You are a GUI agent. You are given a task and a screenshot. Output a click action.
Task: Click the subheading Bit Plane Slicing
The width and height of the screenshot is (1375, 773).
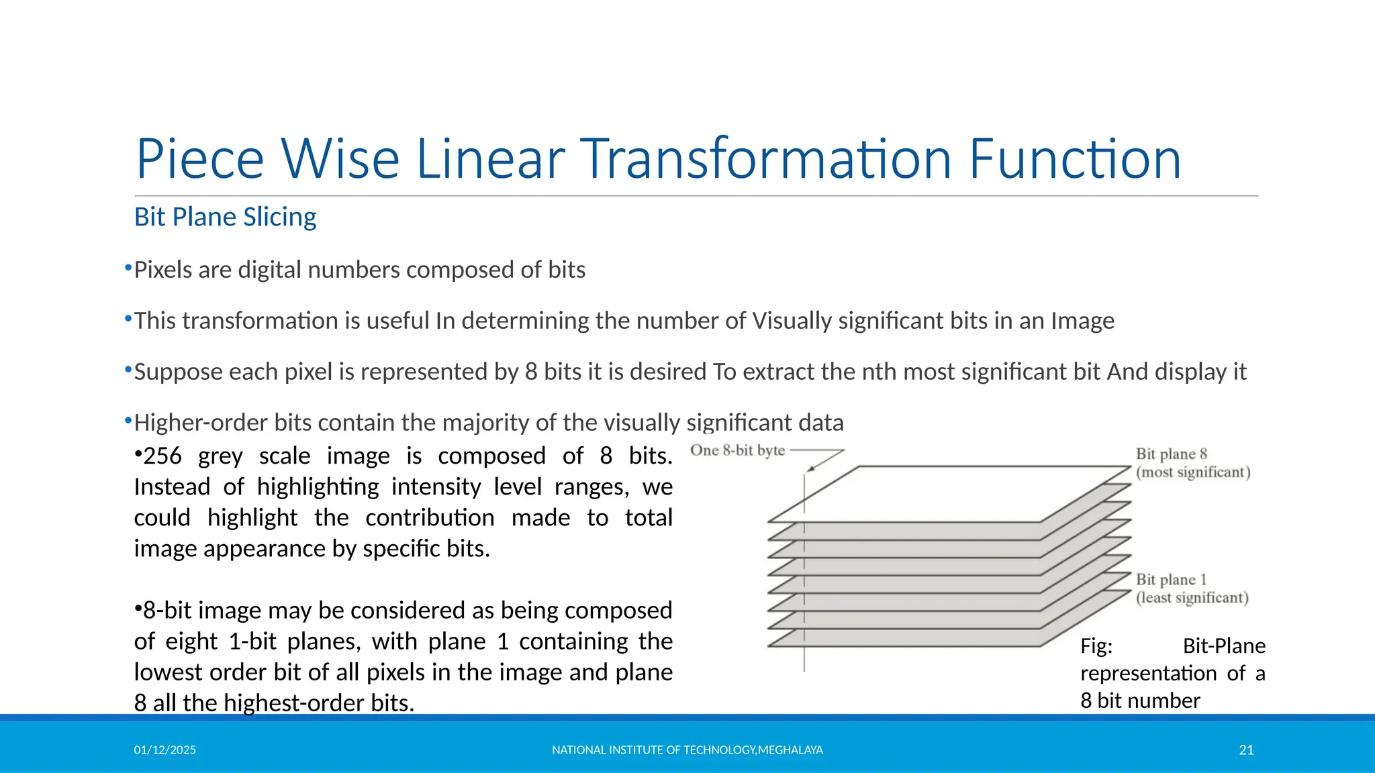(x=225, y=217)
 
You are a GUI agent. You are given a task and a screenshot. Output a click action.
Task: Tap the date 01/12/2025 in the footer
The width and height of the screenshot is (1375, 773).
(x=164, y=750)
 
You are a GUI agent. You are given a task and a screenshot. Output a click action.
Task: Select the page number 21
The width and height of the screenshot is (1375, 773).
(x=1246, y=750)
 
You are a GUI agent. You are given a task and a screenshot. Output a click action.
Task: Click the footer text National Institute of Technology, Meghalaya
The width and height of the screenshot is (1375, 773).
(x=687, y=750)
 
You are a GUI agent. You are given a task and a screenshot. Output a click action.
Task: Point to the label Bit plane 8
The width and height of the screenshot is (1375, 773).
(x=1171, y=454)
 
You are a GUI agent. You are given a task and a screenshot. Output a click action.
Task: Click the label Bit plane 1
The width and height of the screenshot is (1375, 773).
(x=1171, y=580)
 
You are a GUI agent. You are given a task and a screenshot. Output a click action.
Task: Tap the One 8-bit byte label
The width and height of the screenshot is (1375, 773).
(x=737, y=450)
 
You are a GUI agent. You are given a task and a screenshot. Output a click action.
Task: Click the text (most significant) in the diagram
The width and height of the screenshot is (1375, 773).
(x=1193, y=472)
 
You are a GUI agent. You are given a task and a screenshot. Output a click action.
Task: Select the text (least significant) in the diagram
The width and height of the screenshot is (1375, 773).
(x=1192, y=598)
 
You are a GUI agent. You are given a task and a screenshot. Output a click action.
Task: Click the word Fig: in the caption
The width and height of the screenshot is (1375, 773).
(x=1096, y=646)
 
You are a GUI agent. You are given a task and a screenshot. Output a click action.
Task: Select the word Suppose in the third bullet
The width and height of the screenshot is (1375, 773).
(x=178, y=372)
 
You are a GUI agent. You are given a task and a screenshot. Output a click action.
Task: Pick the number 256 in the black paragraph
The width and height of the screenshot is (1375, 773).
(x=162, y=456)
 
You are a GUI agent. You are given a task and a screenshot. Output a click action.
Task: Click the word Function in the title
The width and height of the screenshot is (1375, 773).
(x=1074, y=159)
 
